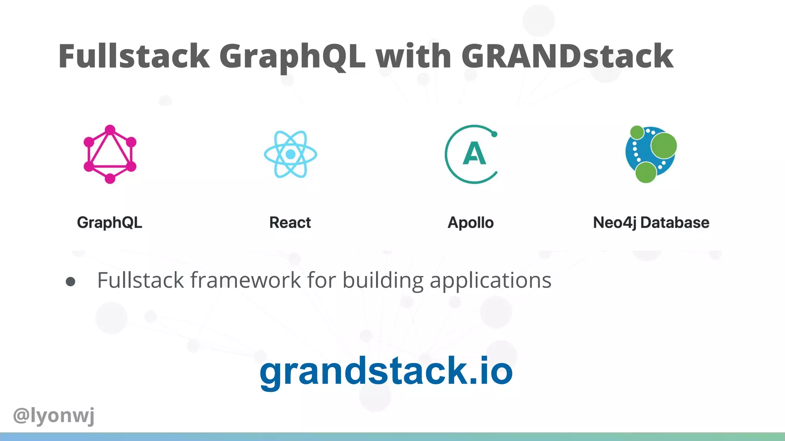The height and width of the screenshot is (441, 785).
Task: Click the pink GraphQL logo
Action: [110, 154]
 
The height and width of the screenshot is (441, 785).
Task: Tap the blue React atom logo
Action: [291, 154]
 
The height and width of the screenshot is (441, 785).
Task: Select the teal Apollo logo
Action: [471, 154]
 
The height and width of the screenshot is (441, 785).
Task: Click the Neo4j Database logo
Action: [651, 154]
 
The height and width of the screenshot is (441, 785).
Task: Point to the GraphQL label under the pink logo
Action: [110, 222]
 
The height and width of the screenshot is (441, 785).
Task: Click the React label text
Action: [290, 222]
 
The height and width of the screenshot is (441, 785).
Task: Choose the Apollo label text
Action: [471, 222]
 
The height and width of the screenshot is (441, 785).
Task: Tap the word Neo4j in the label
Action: [614, 222]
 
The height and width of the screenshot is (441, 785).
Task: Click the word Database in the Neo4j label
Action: [675, 222]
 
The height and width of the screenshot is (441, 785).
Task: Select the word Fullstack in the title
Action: [134, 56]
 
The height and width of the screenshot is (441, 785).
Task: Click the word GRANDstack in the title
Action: [567, 56]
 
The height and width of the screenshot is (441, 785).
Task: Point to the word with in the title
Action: [413, 56]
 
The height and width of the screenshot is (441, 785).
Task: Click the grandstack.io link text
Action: [386, 371]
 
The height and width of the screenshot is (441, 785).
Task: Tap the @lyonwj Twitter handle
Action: [54, 415]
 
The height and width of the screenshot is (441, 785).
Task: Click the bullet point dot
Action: [71, 282]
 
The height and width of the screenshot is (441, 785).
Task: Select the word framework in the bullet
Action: [246, 280]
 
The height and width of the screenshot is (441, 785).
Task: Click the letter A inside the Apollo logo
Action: [475, 154]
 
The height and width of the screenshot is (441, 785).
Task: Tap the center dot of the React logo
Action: [291, 154]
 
